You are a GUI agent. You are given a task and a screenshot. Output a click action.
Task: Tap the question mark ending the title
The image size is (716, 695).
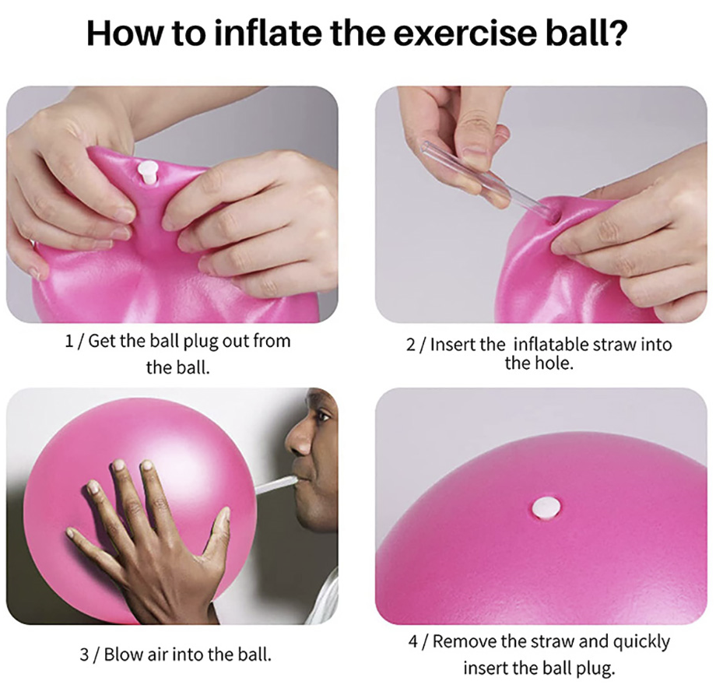point(617,34)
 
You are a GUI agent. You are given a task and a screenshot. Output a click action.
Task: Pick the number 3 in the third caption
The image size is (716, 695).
point(84,654)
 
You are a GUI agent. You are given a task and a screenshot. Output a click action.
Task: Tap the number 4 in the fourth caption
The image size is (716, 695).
point(413,643)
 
